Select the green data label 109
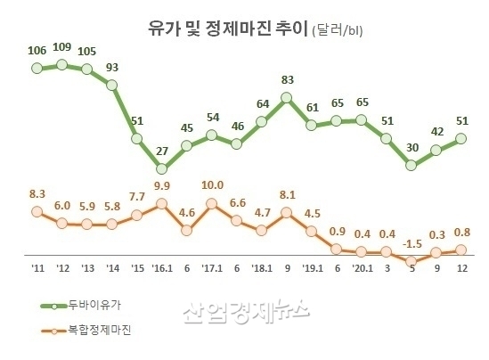[62, 45]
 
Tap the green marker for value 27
[161, 168]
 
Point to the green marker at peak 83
[286, 98]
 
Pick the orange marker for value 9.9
[161, 203]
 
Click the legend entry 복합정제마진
[100, 331]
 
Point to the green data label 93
[112, 67]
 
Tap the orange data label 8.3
[37, 193]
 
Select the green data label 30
[411, 147]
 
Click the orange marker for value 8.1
[286, 213]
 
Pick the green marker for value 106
[37, 67]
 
